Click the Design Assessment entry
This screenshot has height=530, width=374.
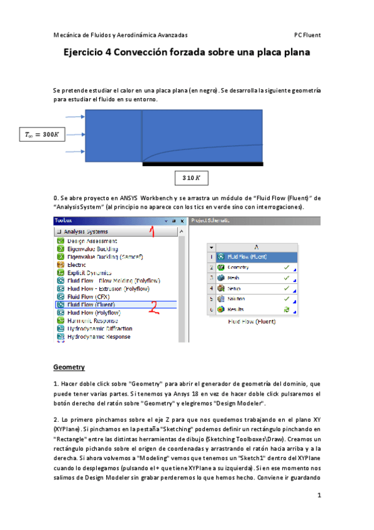(92, 241)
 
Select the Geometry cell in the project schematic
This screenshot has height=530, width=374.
(239, 267)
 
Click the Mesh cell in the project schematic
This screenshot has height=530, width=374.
(234, 277)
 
